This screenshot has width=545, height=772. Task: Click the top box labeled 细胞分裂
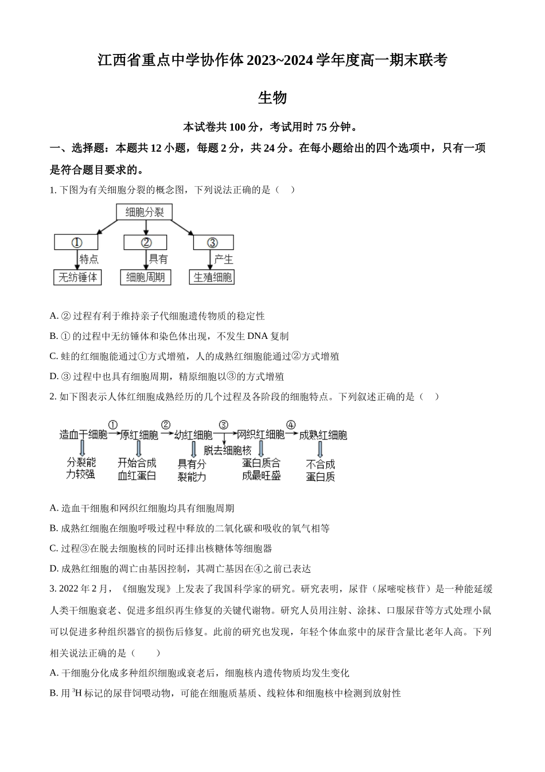144,211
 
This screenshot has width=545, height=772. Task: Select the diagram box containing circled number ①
76,242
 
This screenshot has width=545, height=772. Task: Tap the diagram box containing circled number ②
145,242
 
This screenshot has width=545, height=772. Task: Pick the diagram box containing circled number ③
213,242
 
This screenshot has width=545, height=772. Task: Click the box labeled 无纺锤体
77,277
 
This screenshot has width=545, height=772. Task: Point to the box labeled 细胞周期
146,277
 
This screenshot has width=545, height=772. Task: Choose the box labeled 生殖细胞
212,277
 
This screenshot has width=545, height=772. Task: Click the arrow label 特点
89,259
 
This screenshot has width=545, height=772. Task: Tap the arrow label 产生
223,259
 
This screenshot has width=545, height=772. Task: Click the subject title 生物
272,98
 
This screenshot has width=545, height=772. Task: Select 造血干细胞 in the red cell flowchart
83,435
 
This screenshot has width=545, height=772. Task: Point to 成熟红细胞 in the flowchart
322,435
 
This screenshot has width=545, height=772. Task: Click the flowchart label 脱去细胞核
228,450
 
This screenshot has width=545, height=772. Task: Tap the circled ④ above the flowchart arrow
291,424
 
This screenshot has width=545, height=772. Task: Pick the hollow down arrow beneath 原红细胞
139,449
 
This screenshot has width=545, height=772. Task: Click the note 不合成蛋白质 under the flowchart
320,470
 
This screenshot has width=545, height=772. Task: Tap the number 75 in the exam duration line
321,127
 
